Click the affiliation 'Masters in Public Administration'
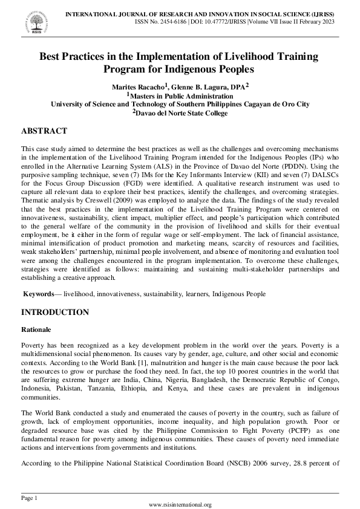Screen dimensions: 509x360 point(182,96)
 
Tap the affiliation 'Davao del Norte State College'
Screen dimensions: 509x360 point(182,112)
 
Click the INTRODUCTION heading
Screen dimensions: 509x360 point(55,313)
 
